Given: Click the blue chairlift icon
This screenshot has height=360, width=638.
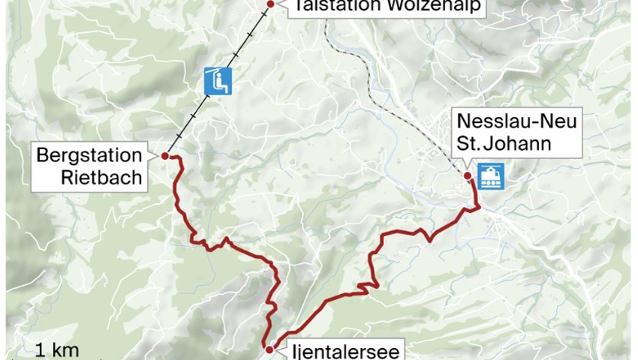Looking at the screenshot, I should point(218,80).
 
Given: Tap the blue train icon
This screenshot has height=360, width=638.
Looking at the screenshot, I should point(492,176).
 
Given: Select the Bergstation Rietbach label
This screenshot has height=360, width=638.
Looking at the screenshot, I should point(89,167).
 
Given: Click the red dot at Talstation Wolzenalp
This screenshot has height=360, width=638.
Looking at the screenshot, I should point(269,4).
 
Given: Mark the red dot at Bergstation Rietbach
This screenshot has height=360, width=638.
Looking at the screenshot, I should point(164,156).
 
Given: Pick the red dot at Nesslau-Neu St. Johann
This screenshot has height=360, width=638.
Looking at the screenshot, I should point(467,176).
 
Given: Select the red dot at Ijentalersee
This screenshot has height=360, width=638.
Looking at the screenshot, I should point(269,349).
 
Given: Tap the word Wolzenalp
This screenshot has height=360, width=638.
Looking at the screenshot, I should point(428,7).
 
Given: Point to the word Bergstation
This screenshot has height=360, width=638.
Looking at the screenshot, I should point(89,156).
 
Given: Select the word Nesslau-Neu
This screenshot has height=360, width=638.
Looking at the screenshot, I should point(516,121).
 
